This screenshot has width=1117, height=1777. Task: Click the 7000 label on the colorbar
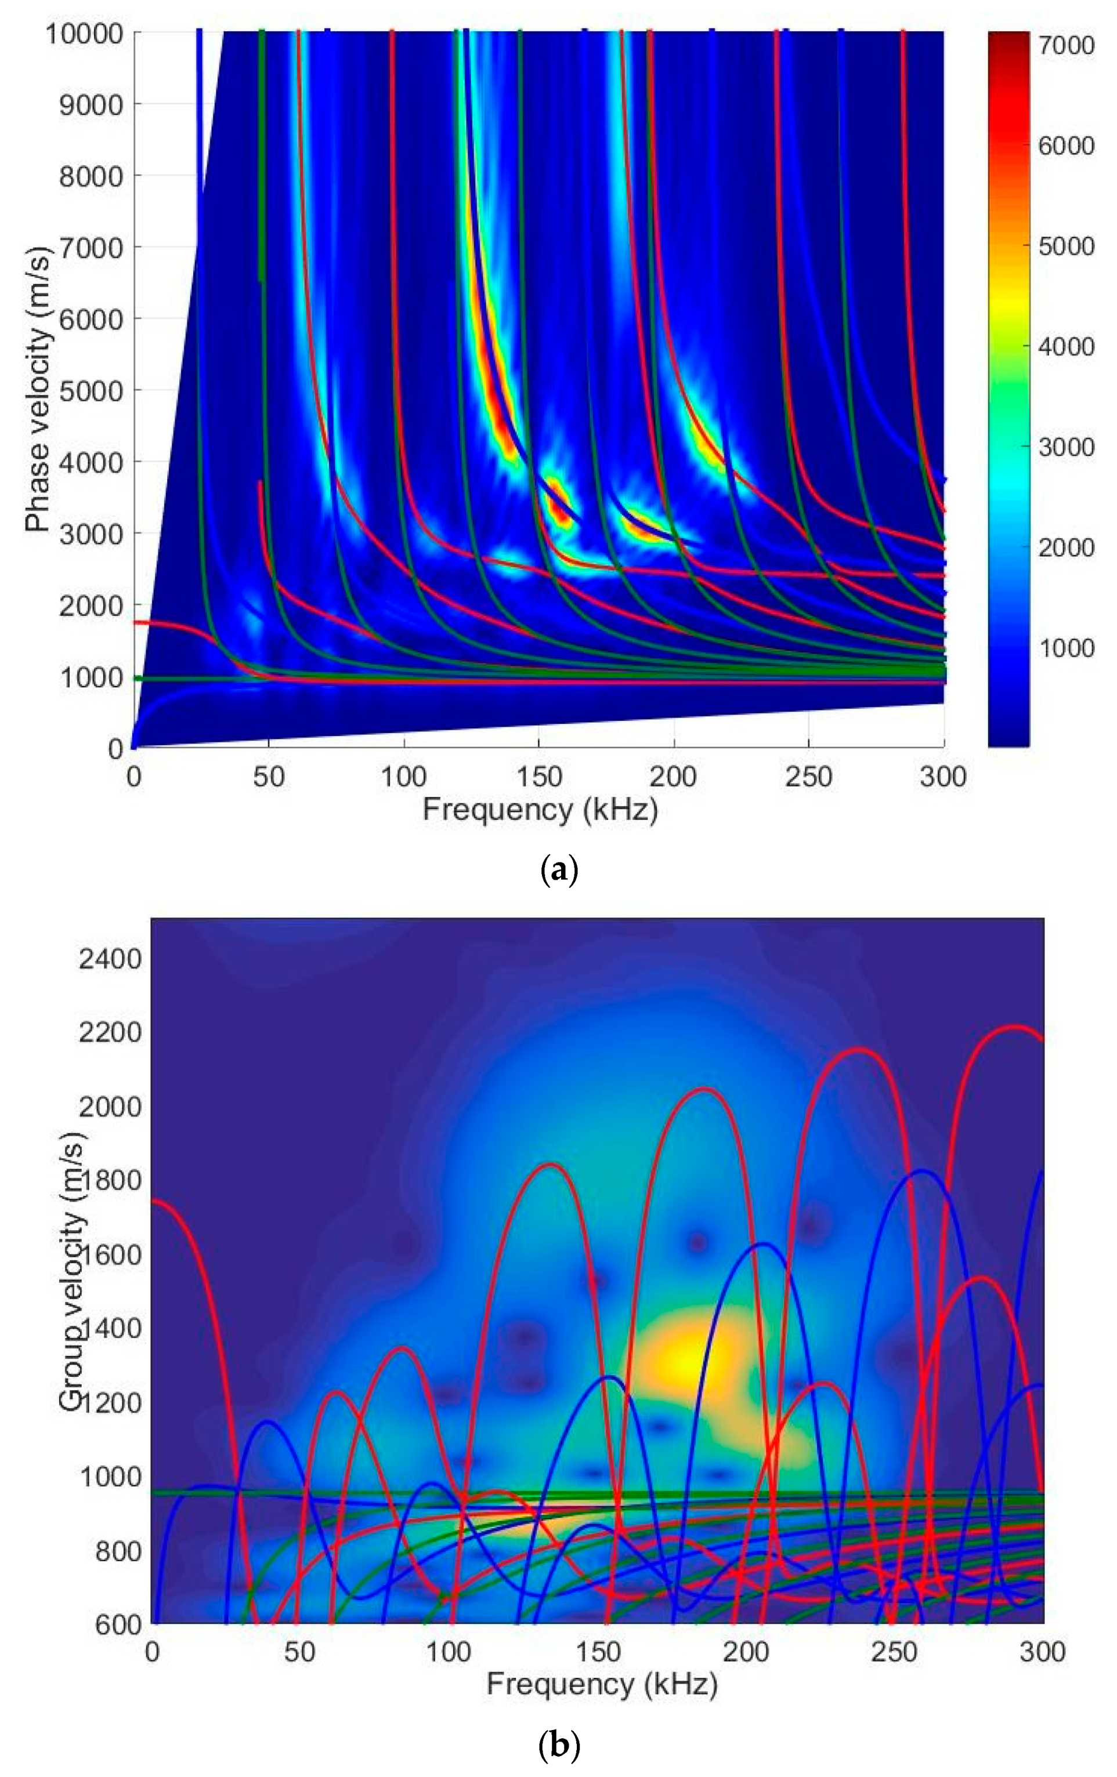point(1066,45)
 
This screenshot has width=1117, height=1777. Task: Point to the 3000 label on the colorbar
point(1066,447)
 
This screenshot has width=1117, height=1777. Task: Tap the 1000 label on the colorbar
point(1066,647)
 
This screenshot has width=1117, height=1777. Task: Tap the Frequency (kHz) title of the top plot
point(540,810)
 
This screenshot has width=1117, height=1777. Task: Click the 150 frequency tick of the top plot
point(539,777)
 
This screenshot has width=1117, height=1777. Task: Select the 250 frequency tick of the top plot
point(809,777)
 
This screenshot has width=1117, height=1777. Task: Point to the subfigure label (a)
point(559,871)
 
